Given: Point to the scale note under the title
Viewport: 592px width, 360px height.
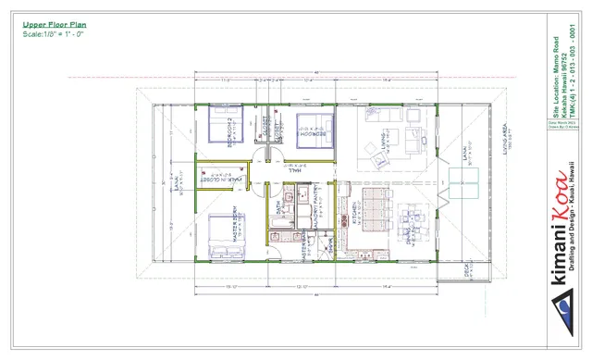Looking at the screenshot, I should coord(55,34).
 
